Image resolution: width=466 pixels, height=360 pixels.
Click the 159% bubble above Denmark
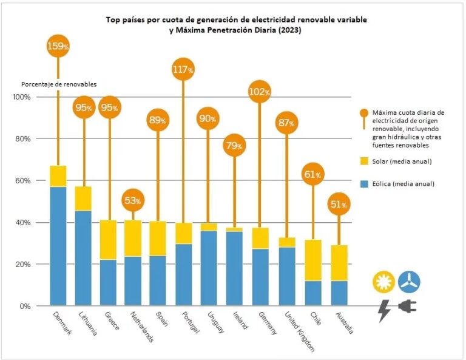point(58,46)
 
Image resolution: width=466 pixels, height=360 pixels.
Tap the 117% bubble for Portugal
point(183,69)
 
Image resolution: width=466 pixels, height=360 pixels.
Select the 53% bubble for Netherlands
point(133,200)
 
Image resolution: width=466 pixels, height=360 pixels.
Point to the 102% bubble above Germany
point(259,91)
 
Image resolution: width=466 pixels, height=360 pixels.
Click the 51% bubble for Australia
point(339,205)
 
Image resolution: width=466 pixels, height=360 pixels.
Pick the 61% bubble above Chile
point(312,174)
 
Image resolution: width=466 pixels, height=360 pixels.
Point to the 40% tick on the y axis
point(23,223)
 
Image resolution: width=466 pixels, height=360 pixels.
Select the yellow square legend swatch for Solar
point(363,161)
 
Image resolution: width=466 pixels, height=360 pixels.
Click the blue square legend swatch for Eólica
point(363,183)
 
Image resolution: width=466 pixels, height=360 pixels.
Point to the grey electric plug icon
point(407,308)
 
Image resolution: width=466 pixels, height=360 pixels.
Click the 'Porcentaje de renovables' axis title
point(59,84)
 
